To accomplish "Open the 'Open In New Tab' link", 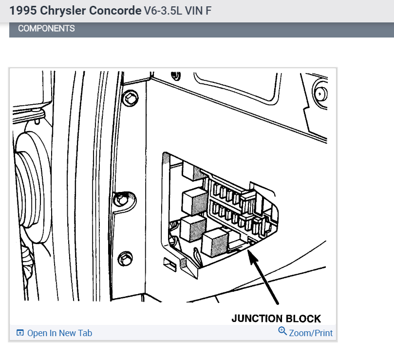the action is pyautogui.click(x=59, y=333).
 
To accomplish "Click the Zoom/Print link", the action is pyautogui.click(x=311, y=333).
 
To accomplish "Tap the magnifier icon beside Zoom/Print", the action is pyautogui.click(x=282, y=332).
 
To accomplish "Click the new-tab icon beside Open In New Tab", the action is pyautogui.click(x=20, y=333).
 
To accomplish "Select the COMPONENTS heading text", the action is pyautogui.click(x=46, y=28).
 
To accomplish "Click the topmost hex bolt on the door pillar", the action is pyautogui.click(x=129, y=99).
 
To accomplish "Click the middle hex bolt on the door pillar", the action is pyautogui.click(x=120, y=199).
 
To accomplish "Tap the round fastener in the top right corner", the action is pyautogui.click(x=320, y=93).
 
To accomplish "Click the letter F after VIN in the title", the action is pyautogui.click(x=208, y=10).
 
